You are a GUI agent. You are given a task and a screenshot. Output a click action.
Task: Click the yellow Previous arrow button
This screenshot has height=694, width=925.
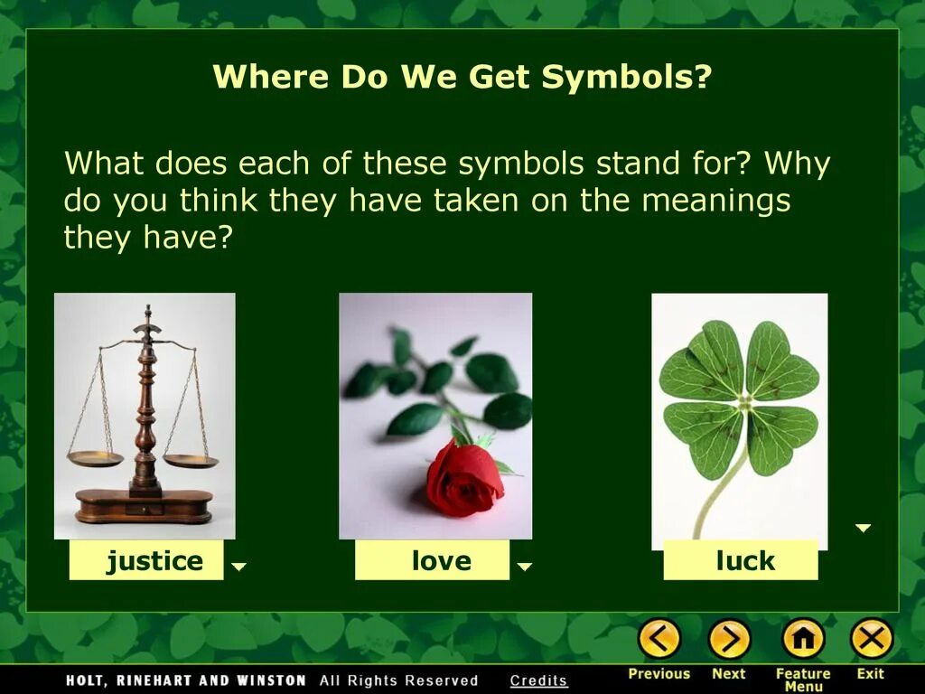coord(659,640)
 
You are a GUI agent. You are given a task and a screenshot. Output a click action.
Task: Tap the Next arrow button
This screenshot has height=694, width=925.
coord(729,640)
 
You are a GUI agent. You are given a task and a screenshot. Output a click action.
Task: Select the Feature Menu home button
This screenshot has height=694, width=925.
coord(802,640)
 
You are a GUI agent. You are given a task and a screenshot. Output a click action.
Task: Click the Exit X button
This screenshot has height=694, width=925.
coord(871,640)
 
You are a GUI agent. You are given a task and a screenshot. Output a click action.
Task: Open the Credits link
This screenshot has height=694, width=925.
coord(538,680)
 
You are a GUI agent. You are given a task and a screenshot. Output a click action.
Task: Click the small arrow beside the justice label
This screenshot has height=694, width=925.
coord(238,567)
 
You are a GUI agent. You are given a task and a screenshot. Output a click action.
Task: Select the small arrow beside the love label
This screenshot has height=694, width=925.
coord(525,567)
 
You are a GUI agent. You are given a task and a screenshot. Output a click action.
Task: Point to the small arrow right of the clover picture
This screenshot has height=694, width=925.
coord(864,528)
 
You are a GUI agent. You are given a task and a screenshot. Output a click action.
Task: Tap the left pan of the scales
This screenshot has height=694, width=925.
coord(95,459)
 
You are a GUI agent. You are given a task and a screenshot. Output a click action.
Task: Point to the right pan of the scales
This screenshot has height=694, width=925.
coord(191,461)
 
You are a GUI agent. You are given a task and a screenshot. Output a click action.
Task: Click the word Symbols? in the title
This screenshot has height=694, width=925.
coord(627,78)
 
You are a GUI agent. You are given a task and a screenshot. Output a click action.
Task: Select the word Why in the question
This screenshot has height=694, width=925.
coord(797,164)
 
